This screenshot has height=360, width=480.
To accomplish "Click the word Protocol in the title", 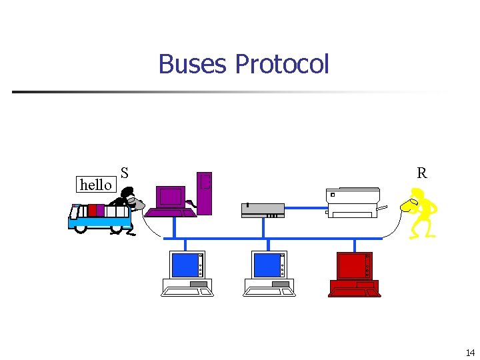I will [282, 65].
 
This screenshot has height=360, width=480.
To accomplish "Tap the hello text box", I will [95, 184].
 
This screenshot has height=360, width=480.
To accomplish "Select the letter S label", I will [125, 172].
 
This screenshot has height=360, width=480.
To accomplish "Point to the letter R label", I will [421, 173].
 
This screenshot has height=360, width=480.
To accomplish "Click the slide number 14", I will [470, 352].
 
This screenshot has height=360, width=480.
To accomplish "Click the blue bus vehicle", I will [99, 217].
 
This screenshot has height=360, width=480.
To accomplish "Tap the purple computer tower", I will [205, 193].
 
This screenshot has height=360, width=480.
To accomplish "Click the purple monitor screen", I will [171, 196].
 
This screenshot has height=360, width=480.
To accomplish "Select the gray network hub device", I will [263, 210].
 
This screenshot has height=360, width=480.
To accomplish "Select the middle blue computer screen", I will [266, 266].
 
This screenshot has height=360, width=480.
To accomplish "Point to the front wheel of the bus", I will [81, 228].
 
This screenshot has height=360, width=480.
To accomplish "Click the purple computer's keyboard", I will [171, 213].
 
